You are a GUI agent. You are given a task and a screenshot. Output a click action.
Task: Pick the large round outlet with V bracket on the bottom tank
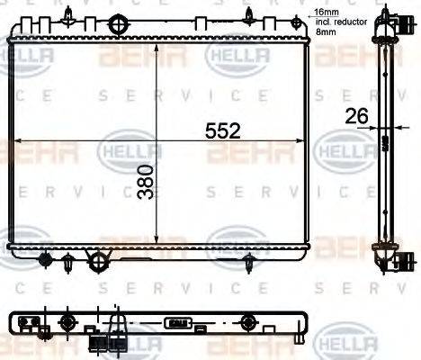96,261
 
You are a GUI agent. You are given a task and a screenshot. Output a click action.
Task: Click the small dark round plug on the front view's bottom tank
46,260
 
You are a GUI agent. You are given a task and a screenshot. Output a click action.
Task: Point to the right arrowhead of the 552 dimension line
306,140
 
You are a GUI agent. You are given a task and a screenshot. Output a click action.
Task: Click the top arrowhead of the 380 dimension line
158,46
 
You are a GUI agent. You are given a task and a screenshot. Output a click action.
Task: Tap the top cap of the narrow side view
387,18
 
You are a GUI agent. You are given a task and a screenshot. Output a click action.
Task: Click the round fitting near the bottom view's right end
248,321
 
